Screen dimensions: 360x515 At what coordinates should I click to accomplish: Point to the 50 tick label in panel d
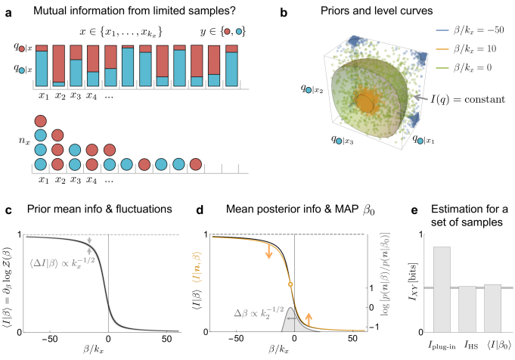(x=351, y=340)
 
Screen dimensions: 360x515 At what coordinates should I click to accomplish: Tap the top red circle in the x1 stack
(x=42, y=120)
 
